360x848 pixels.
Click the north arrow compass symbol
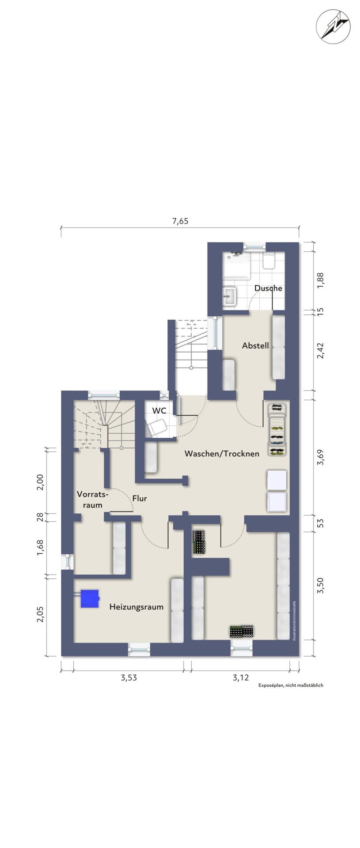coord(333,27)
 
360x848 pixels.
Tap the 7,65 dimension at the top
coord(180,221)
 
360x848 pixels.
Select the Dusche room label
coord(268,288)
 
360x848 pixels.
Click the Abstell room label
coord(255,346)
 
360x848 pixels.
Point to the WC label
coord(159,411)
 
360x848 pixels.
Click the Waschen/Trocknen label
coord(222,454)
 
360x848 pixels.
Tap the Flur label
coord(140,498)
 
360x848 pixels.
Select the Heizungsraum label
coord(136,607)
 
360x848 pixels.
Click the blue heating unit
coord(89,598)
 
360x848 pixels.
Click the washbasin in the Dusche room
coord(229,296)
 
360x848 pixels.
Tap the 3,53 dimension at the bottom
coord(129,678)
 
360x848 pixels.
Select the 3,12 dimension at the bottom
coord(241,678)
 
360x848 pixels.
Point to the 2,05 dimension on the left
coord(40,614)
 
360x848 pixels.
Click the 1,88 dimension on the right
coord(321,280)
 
